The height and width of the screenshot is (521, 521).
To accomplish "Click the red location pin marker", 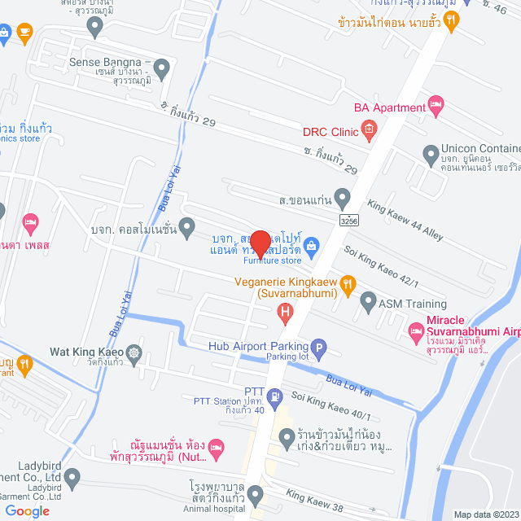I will coord(260,243).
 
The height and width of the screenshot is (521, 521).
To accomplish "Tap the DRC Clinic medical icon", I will coord(369,128).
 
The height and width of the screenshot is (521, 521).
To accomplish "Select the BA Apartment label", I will coord(389,107).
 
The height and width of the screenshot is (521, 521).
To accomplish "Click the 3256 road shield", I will coord(349,219).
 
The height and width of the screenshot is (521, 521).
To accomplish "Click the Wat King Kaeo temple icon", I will coord(134,354).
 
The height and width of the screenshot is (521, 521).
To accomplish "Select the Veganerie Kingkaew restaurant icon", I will coord(348,283).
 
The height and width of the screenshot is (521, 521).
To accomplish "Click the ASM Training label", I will coord(401,303).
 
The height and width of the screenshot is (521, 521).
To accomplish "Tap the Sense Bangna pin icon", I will coord(161,68).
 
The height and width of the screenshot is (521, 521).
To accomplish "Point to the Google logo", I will coord(27,510).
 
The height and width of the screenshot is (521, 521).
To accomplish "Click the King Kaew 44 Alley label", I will coord(405,221).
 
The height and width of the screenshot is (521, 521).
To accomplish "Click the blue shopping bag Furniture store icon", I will coord(310,245).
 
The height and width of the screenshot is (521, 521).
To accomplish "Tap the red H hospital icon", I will coord(285,310).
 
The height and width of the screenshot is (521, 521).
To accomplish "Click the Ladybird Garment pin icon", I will coord(72,477).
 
